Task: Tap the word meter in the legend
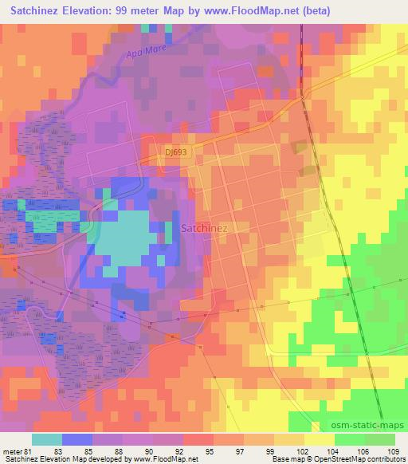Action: (x=13, y=451)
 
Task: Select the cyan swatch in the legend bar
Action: (x=47, y=440)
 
